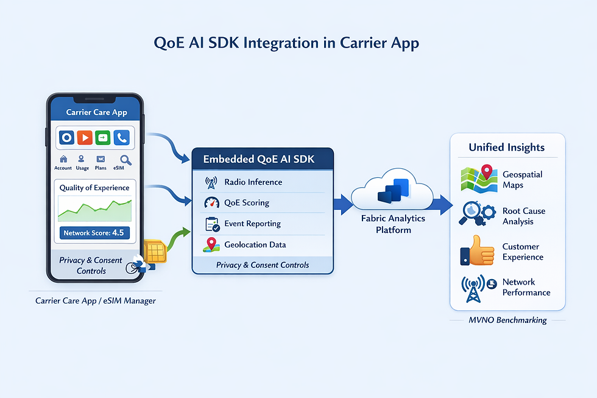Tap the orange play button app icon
(85, 138)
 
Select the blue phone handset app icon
(122, 138)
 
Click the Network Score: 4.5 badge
(94, 232)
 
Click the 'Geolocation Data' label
(255, 244)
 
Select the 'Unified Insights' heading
(506, 147)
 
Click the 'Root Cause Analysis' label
(523, 216)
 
